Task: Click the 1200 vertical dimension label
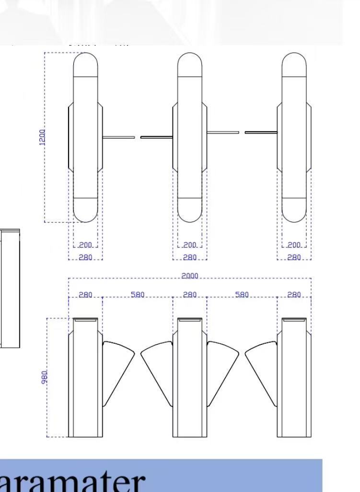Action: (42, 137)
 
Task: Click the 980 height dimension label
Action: (44, 377)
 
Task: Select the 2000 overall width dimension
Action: (190, 276)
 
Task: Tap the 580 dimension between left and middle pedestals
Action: (138, 294)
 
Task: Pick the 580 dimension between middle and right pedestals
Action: (242, 294)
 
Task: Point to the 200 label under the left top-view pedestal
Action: (85, 245)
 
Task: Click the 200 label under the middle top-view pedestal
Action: (190, 245)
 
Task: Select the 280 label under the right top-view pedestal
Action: (294, 257)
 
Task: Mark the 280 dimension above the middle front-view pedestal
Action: (190, 294)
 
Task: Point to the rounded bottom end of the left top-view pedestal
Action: (85, 210)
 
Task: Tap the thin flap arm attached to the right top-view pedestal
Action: (261, 132)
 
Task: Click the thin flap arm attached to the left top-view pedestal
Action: (118, 138)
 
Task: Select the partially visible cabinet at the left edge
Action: (10, 288)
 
